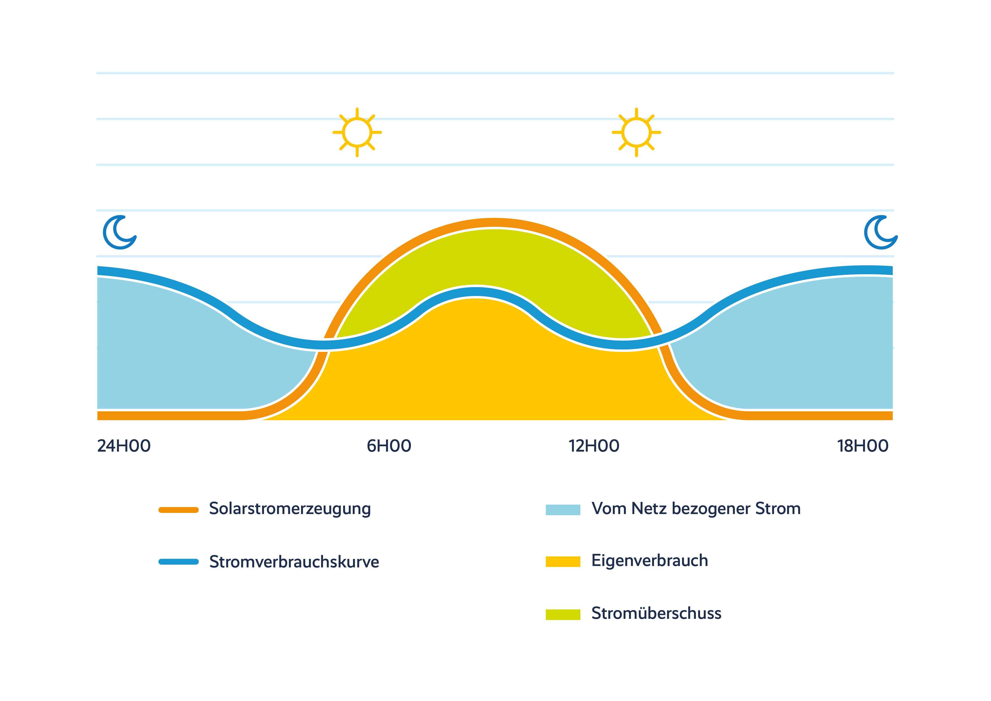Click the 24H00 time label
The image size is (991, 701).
(124, 446)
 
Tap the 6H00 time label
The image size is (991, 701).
(389, 446)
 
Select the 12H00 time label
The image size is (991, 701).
(594, 446)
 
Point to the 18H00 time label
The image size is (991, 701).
(863, 446)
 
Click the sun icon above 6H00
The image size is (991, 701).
(357, 132)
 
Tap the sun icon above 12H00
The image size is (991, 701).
(636, 132)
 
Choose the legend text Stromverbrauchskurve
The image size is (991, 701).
(294, 561)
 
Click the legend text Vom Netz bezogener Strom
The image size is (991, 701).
(696, 508)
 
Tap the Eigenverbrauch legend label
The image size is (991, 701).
(650, 561)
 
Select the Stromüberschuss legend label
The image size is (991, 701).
(656, 613)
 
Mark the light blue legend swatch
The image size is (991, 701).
(563, 510)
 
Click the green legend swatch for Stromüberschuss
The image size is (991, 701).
(563, 614)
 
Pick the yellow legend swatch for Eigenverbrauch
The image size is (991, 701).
(563, 561)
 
